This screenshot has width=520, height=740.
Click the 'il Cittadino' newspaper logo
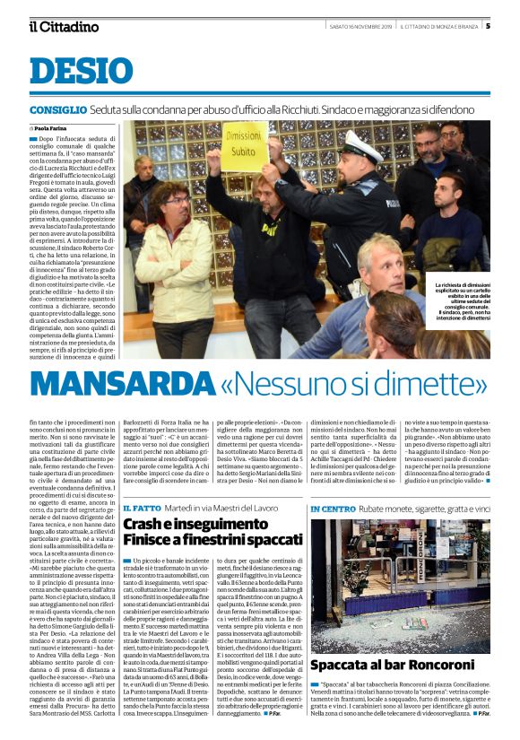coord(64,26)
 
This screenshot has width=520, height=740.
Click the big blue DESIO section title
coord(81,72)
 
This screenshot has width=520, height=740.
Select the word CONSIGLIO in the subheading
coord(53,109)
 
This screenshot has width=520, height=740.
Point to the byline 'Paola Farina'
coord(57,129)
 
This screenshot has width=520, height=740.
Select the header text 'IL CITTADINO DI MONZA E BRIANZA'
coord(438,26)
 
